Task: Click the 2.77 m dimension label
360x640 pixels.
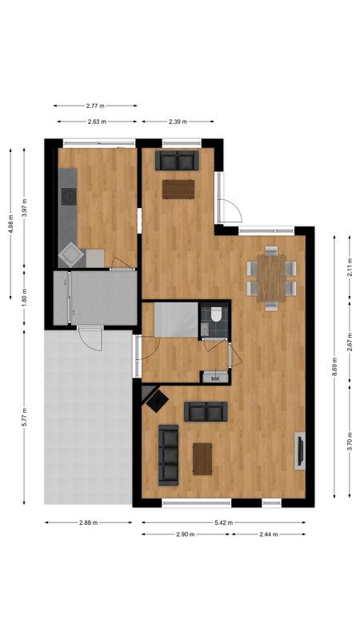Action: pyautogui.click(x=95, y=106)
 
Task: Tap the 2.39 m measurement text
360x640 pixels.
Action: pyautogui.click(x=178, y=122)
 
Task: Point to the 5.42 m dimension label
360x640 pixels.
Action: pyautogui.click(x=223, y=522)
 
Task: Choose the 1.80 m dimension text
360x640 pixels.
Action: pyautogui.click(x=24, y=298)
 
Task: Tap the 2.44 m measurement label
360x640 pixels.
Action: pyautogui.click(x=269, y=534)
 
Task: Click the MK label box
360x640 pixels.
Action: pyautogui.click(x=214, y=378)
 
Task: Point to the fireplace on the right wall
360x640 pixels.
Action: pyautogui.click(x=300, y=451)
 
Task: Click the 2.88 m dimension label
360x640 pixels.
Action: pyautogui.click(x=88, y=522)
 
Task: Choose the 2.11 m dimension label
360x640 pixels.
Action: pyautogui.click(x=350, y=270)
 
